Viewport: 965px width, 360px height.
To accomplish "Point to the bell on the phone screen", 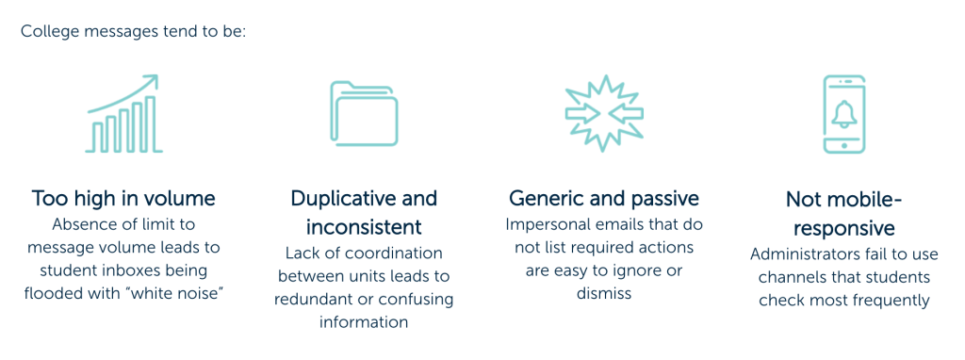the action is (844, 114).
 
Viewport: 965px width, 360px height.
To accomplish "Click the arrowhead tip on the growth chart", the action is (157, 75).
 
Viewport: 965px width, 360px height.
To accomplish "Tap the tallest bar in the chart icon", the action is (150, 123).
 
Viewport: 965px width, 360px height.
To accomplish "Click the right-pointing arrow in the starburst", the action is (582, 113).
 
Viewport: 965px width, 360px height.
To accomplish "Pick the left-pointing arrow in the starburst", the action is (626, 113).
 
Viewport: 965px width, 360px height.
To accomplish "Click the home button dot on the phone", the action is (844, 145).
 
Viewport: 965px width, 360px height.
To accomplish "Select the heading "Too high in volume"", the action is (123, 198).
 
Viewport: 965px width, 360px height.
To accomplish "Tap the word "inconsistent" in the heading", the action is (364, 227).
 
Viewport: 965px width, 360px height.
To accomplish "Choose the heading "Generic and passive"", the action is (604, 198).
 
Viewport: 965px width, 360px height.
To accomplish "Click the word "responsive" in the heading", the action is (843, 228).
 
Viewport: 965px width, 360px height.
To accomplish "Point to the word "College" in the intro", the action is (49, 31).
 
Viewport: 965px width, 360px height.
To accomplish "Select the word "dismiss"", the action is (604, 293).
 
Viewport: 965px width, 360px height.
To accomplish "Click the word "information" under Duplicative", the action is (364, 322).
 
